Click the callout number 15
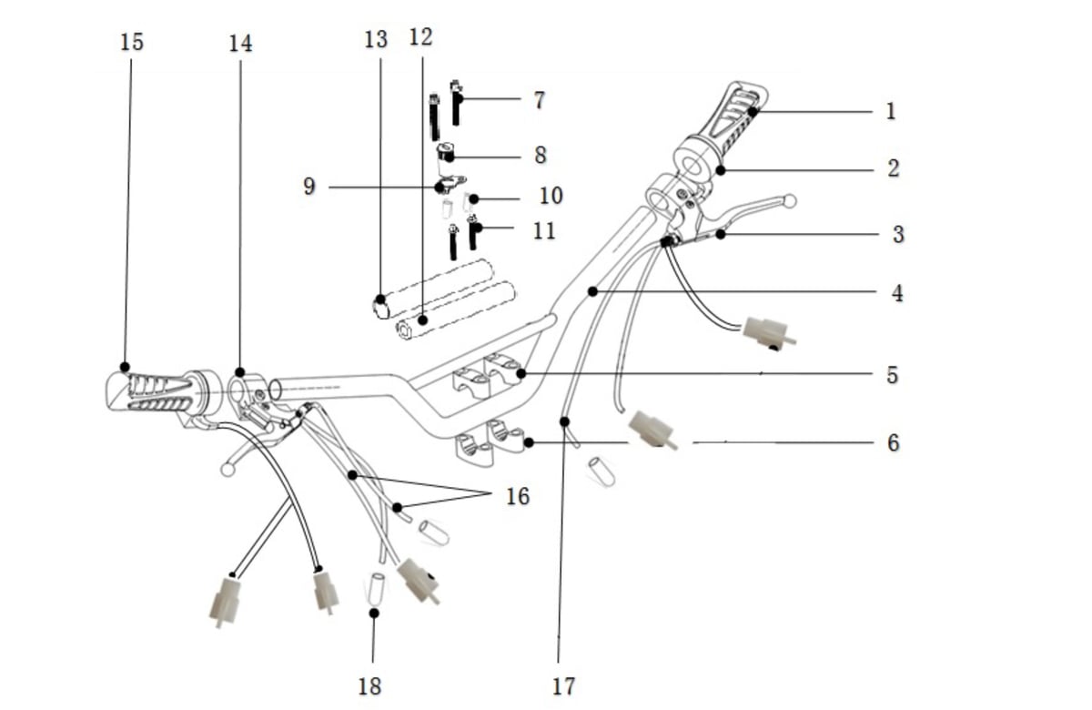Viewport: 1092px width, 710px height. point(132,43)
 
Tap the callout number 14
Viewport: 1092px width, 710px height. point(241,44)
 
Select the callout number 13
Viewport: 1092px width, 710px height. point(376,39)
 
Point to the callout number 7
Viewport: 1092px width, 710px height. point(539,100)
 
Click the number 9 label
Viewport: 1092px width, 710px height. point(309,187)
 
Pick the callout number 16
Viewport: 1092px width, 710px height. point(518,497)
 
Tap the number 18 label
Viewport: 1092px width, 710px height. point(369,686)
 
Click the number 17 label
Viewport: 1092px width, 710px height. point(563,686)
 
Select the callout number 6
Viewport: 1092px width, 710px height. point(893,443)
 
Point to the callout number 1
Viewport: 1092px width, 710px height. point(891,111)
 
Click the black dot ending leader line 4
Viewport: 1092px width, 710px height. point(592,291)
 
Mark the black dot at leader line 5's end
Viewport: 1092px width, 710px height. point(521,374)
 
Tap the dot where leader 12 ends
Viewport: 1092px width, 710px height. point(423,320)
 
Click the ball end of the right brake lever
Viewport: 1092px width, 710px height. point(790,201)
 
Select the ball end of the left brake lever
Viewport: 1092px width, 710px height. point(227,470)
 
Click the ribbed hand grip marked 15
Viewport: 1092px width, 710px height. point(156,392)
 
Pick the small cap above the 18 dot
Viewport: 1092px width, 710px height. point(375,588)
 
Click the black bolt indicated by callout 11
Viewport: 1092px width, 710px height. point(472,234)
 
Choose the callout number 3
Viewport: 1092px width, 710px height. point(898,235)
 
